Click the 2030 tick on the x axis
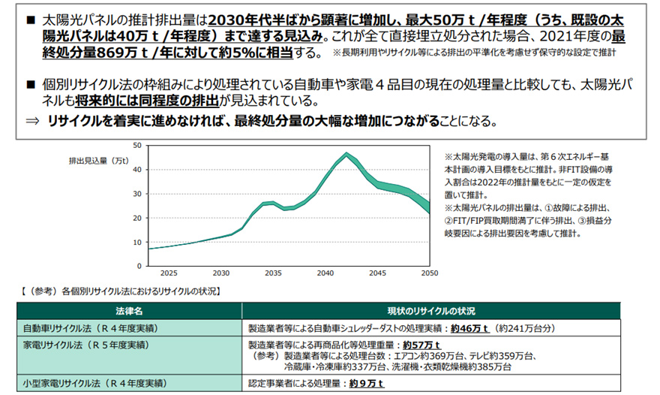[221, 273]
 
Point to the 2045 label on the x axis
[377, 273]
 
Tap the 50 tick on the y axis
[136, 146]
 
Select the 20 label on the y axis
[136, 218]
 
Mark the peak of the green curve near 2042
[346, 155]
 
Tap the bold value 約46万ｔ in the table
[469, 327]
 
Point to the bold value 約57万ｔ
[418, 344]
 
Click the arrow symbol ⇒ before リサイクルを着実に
[31, 122]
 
